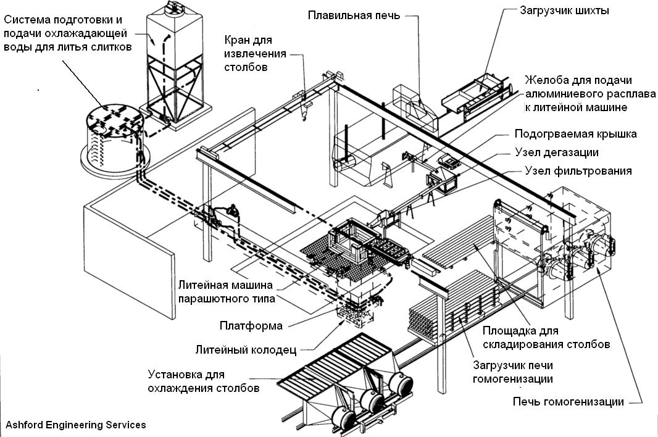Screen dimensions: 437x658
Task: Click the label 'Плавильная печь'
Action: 353,15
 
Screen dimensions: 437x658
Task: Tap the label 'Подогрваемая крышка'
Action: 575,134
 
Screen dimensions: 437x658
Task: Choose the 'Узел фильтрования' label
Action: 578,171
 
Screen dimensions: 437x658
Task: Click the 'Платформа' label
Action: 251,325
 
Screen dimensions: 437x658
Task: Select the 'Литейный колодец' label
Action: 246,350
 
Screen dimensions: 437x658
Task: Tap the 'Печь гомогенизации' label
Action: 568,402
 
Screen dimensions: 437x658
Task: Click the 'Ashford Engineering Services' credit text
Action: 75,425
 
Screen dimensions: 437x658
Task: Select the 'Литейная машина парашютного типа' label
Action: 226,291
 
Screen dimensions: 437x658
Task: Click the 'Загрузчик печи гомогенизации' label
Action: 512,372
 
